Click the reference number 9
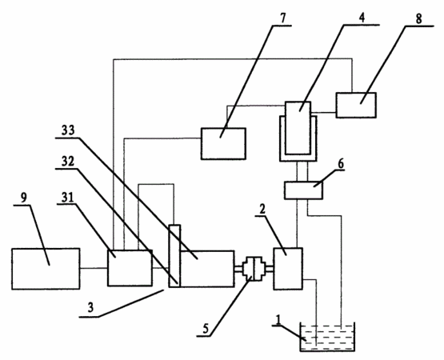(x=24, y=198)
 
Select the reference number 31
(x=68, y=198)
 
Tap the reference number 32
(x=68, y=162)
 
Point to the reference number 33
(x=68, y=130)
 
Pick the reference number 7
(x=283, y=18)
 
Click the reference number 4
(x=362, y=18)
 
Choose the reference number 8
(x=418, y=18)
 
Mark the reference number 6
(x=341, y=164)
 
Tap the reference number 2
(x=262, y=209)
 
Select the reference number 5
(x=206, y=329)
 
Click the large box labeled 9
(x=46, y=269)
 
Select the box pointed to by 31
(x=130, y=268)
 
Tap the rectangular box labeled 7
(x=223, y=144)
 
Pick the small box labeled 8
(x=356, y=105)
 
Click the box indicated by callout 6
(x=303, y=190)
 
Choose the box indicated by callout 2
(x=288, y=269)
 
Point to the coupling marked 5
(x=254, y=269)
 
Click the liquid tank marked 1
(x=327, y=337)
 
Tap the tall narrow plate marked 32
(x=174, y=256)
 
